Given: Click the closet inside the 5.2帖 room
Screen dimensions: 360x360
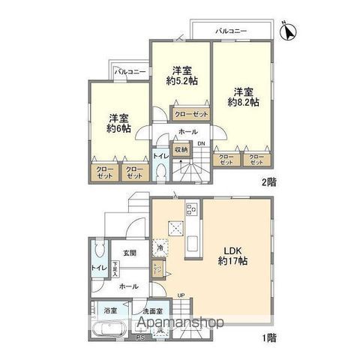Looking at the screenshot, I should click(x=190, y=114).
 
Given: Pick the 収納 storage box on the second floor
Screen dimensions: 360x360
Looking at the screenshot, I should click(x=181, y=150).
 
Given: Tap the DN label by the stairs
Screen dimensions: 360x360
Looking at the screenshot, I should click(x=200, y=145).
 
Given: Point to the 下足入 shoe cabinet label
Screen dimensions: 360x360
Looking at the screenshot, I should click(x=115, y=268).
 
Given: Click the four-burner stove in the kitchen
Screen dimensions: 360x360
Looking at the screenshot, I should click(x=190, y=209).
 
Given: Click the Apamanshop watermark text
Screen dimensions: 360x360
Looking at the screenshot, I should click(x=179, y=324).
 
